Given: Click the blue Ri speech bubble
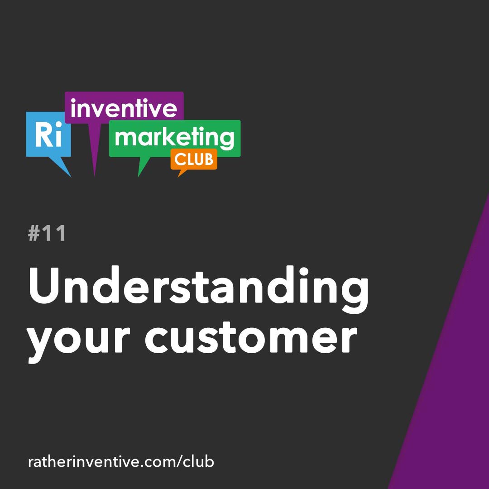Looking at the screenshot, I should coord(48,134).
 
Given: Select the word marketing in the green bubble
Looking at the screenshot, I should coord(174,138).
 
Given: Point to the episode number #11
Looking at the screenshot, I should coord(47,234).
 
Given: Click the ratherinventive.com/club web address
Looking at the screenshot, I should coord(121,462).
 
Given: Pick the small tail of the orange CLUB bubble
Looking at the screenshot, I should coord(181,173).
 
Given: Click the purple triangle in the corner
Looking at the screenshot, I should coord(448,385).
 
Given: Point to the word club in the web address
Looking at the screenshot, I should coord(198,462).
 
